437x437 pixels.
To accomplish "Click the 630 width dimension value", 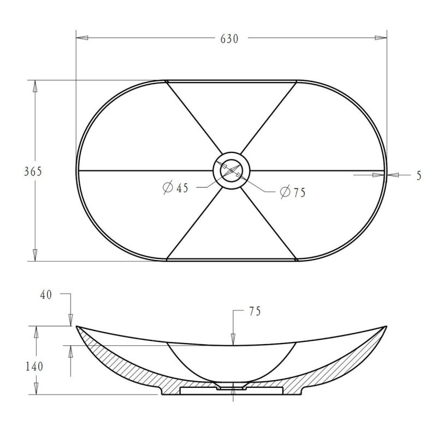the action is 229,39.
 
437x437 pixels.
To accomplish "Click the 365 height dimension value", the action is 33,172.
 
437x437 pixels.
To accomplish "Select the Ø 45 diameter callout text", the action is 175,187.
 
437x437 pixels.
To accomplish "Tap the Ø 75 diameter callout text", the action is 293,192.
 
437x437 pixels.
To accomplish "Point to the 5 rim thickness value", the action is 419,175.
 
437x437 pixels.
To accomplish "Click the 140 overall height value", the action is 34,367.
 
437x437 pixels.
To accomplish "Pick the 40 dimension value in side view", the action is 46,295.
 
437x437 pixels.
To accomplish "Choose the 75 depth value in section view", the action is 255,311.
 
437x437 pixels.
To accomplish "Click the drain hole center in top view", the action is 231,170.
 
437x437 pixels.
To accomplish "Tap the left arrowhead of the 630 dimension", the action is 82,38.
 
